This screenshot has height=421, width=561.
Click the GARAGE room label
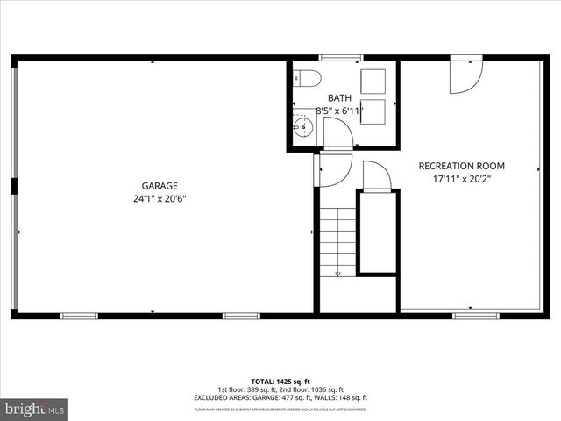pyautogui.click(x=160, y=185)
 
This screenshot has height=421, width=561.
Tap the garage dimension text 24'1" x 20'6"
pyautogui.click(x=160, y=198)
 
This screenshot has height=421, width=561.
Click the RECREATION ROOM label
pyautogui.click(x=461, y=166)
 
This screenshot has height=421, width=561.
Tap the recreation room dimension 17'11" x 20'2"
pyautogui.click(x=461, y=179)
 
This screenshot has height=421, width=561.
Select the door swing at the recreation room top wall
pyautogui.click(x=465, y=76)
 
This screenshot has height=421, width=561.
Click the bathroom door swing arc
pyautogui.click(x=337, y=133)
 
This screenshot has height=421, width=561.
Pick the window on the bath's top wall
pyautogui.click(x=341, y=58)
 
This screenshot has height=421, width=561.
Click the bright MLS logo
pyautogui.click(x=35, y=409)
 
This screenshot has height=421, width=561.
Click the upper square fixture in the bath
pyautogui.click(x=373, y=81)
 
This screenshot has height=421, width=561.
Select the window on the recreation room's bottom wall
pyautogui.click(x=476, y=314)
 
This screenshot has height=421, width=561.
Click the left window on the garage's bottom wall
pyautogui.click(x=79, y=315)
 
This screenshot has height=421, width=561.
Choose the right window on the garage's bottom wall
pyautogui.click(x=241, y=315)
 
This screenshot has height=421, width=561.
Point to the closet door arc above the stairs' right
pyautogui.click(x=377, y=175)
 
